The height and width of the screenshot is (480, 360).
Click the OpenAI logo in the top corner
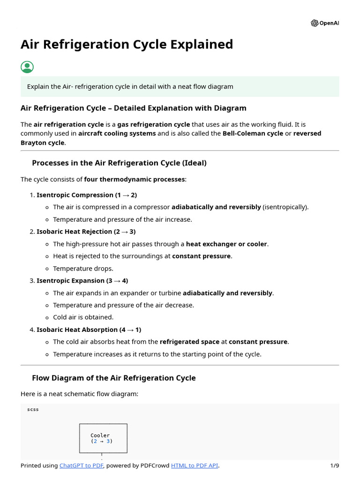coord(324,23)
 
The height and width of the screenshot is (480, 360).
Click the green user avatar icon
coord(27,67)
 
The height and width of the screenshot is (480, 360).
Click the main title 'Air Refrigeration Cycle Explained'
coord(127,45)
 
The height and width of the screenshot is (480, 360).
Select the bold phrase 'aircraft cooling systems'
coord(117,133)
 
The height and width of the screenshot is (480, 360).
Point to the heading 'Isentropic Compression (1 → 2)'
coord(87,195)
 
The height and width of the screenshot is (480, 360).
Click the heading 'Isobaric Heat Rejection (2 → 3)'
coord(86,232)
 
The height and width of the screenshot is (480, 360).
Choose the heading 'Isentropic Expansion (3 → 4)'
coord(82,280)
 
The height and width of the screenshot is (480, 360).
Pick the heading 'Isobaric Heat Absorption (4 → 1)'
coord(89,330)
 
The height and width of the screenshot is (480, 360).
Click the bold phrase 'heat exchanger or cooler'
coord(226,244)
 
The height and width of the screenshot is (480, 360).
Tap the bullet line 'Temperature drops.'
coord(83,269)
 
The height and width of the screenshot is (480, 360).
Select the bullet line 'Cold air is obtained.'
coord(83,317)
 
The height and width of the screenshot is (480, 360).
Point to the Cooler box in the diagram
coord(103,438)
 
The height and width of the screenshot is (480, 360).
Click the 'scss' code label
coord(33,409)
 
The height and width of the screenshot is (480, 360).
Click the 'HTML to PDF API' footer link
coord(195,465)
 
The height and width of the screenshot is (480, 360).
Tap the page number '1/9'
coord(334,465)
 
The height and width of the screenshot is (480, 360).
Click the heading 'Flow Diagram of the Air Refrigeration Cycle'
coord(114,378)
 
